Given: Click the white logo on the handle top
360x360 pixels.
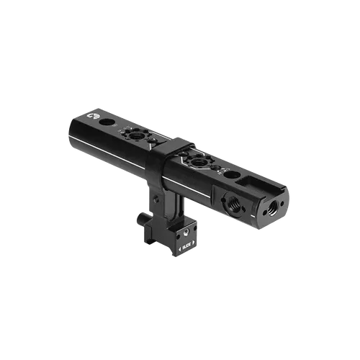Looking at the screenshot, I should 93,114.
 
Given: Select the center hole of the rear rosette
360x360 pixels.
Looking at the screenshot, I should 134,134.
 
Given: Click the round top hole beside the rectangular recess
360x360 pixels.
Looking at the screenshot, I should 228,174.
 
